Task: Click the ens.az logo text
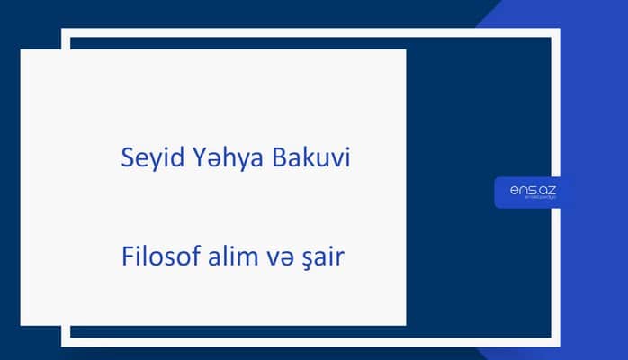point(532,190)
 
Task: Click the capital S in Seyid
point(127,158)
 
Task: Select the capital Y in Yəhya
point(189,158)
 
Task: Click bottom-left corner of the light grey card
point(22,324)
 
